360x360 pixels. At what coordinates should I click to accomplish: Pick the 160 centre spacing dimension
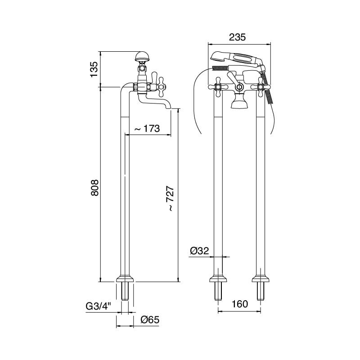(239, 304)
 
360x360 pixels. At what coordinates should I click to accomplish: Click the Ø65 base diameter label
(150, 320)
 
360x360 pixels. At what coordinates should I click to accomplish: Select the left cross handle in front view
(218, 86)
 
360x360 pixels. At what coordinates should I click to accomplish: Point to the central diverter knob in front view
(239, 86)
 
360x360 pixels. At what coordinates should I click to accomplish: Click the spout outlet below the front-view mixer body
(239, 104)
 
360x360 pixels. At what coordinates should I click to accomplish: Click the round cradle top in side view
(142, 57)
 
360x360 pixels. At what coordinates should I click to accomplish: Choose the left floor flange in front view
(218, 278)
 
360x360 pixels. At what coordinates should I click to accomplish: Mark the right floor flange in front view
(261, 278)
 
